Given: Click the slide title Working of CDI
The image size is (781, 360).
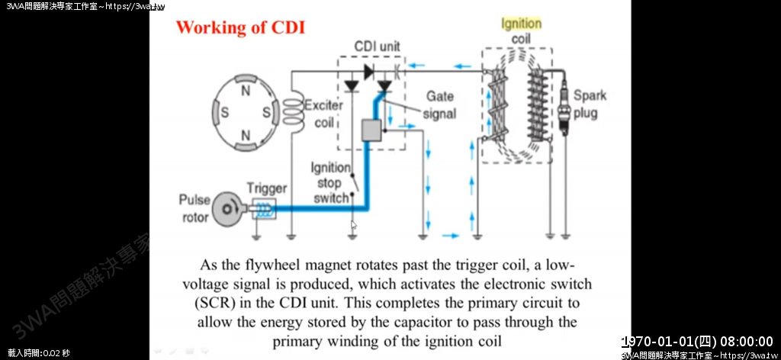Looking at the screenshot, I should tap(240, 27).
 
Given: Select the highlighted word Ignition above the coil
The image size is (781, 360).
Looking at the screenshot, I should tap(521, 24).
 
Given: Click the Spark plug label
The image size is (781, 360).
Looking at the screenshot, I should tap(590, 104).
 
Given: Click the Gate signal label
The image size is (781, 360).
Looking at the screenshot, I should tap(440, 104).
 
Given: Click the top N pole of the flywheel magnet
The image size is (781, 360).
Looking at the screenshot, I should tap(246, 91).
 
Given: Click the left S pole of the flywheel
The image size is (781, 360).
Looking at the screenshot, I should tap(225, 113).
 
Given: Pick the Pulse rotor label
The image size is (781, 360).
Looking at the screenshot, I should tap(194, 208).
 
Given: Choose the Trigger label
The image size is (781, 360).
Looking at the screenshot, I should tap(266, 188).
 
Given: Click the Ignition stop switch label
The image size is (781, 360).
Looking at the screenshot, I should tap(330, 183).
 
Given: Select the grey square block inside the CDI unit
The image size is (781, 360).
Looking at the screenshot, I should tap(371, 130).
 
